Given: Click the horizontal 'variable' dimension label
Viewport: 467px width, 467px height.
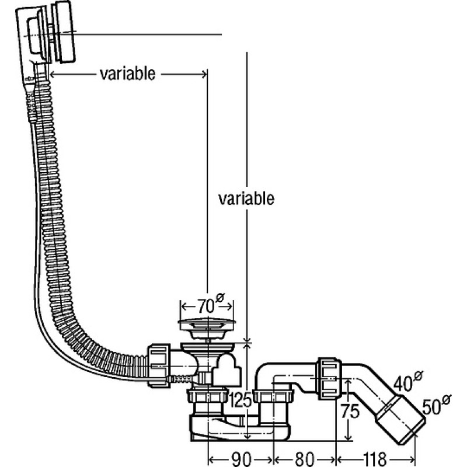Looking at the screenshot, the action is click(x=127, y=74).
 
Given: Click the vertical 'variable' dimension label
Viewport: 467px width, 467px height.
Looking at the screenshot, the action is click(x=246, y=198).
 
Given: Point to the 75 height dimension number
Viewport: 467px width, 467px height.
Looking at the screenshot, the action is click(x=350, y=412).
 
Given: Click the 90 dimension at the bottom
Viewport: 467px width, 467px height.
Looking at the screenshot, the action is click(x=241, y=459).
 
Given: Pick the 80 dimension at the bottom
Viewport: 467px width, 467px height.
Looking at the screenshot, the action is click(x=304, y=459).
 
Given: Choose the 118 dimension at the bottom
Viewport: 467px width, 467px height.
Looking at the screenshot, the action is click(x=375, y=459).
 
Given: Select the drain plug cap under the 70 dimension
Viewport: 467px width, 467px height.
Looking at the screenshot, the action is click(x=207, y=328).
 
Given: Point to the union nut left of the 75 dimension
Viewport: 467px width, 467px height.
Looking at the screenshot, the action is click(x=329, y=378).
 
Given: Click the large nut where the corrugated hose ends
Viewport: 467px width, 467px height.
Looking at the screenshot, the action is click(x=158, y=365).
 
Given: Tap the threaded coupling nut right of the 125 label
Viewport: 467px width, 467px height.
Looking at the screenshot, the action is click(x=273, y=396).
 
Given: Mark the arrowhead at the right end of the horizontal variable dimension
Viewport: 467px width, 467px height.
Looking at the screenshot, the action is click(x=204, y=74).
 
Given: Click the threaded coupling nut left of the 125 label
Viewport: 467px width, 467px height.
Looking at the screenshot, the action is click(x=208, y=396).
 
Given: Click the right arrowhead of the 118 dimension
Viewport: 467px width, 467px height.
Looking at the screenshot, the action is click(x=412, y=459).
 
